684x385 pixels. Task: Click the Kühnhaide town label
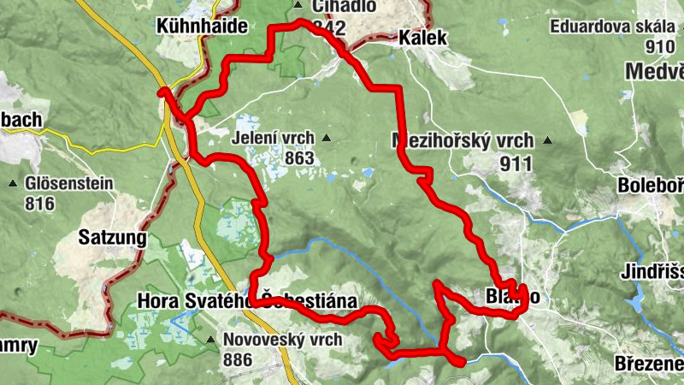point(203,27)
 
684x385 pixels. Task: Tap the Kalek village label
point(422,38)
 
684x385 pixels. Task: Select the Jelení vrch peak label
point(273,137)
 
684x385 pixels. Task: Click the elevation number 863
point(301,158)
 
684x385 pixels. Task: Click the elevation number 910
point(661,46)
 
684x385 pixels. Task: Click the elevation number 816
point(40,204)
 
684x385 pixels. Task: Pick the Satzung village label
point(111,237)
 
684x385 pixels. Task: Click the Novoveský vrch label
point(283,340)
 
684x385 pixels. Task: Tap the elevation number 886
point(237,359)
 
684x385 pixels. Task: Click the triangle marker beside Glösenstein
point(13,183)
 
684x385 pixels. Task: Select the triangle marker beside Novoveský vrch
point(210,340)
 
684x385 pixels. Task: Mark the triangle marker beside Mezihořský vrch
point(547,140)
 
